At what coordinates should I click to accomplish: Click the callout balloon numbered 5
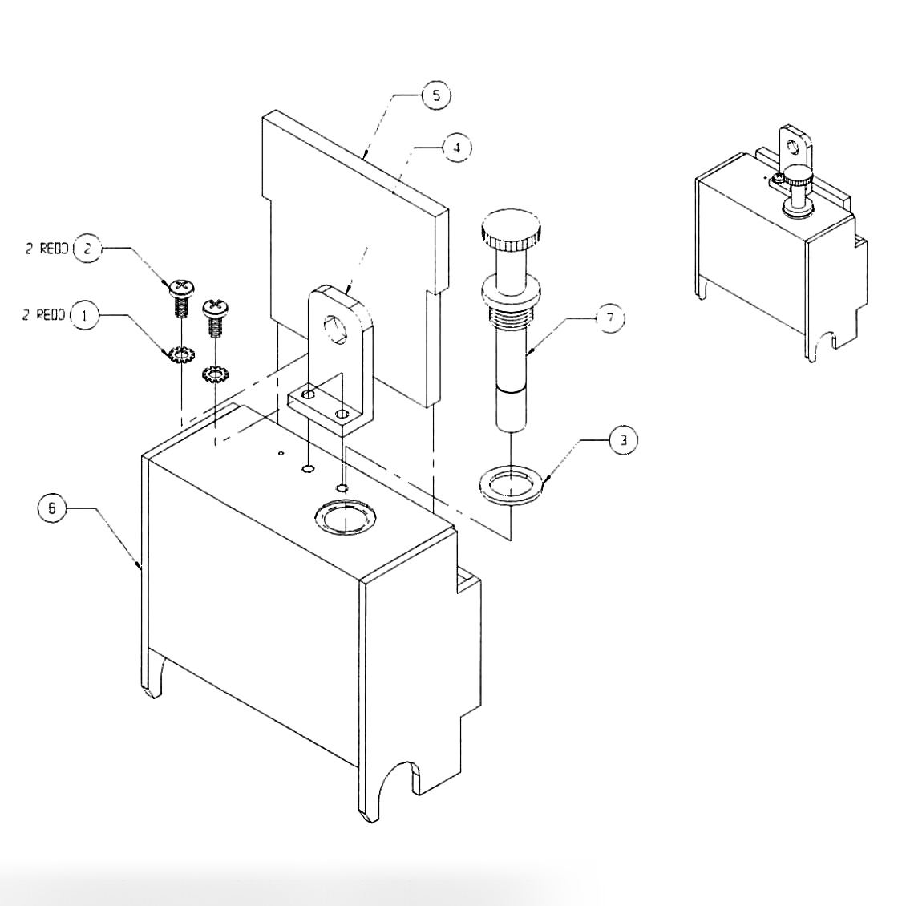pos(435,95)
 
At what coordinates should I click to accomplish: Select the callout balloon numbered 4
pos(456,148)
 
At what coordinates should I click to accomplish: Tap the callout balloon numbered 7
pos(610,318)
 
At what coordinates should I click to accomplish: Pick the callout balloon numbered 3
pos(624,440)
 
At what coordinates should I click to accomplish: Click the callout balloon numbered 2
pos(87,249)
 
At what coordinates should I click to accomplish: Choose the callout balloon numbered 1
pos(86,316)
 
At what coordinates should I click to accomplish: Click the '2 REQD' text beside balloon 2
pos(46,249)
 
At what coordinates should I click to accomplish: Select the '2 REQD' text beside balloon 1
pos(44,316)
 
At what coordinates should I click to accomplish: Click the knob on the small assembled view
pos(798,173)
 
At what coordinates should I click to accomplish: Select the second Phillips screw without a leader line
pos(215,306)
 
